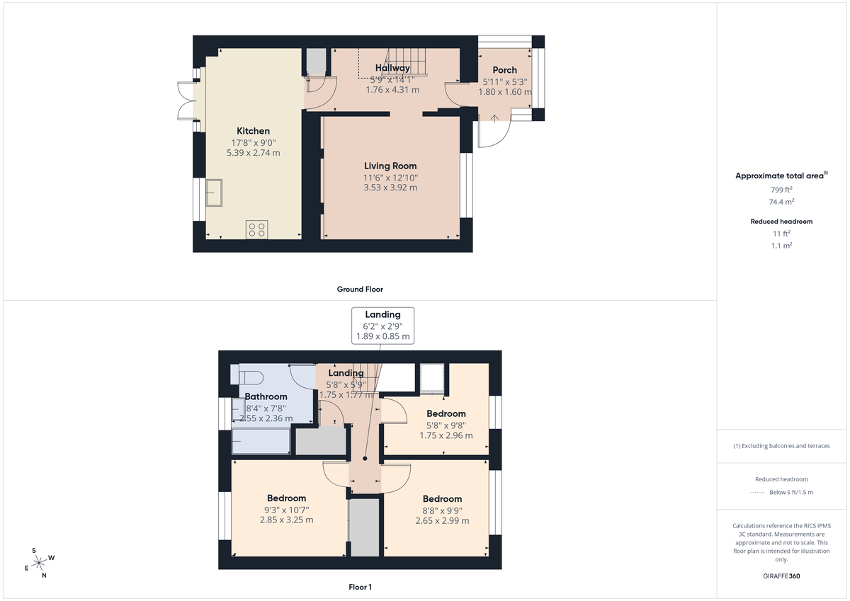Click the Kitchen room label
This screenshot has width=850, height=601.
pyautogui.click(x=253, y=131)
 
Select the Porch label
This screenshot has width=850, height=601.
pyautogui.click(x=504, y=70)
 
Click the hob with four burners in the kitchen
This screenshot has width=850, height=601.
pyautogui.click(x=256, y=229)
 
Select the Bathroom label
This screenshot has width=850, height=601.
pyautogui.click(x=266, y=396)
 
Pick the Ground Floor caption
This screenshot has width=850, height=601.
pyautogui.click(x=360, y=289)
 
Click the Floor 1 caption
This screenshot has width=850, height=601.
pyautogui.click(x=360, y=587)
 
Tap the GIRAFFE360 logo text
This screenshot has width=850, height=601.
pyautogui.click(x=781, y=576)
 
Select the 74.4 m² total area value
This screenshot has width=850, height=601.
pyautogui.click(x=781, y=201)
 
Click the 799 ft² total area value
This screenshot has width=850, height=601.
pyautogui.click(x=781, y=190)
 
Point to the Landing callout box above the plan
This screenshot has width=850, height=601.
pyautogui.click(x=382, y=326)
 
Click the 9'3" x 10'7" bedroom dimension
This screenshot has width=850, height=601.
pyautogui.click(x=286, y=510)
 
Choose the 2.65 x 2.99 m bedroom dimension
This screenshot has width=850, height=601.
pyautogui.click(x=442, y=521)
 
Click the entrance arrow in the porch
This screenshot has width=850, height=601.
pyautogui.click(x=494, y=117)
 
